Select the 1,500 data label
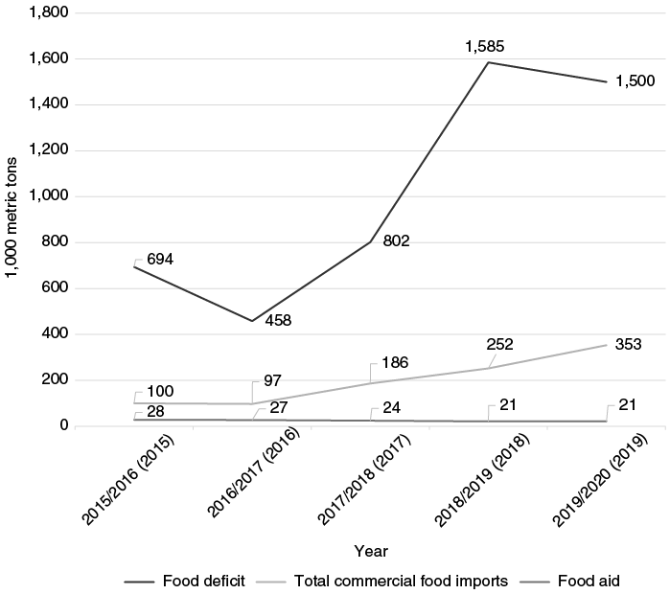635,80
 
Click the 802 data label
395,241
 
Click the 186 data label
395,362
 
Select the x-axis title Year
370,551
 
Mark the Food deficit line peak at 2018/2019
489,62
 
